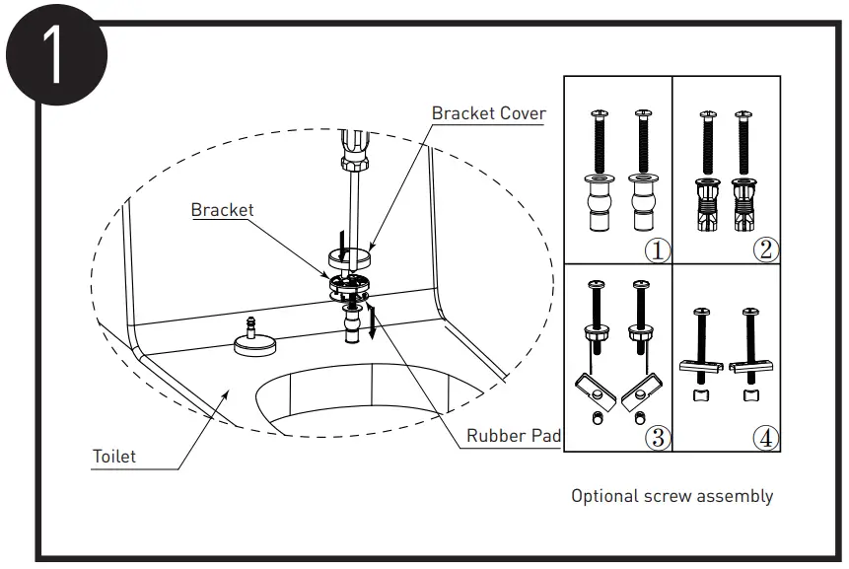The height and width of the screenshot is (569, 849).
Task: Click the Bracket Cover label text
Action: point(488,113)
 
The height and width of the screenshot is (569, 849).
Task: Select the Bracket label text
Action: point(222,210)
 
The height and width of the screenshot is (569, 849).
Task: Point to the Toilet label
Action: point(114,457)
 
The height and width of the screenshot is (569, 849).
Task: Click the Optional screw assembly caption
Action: point(672,496)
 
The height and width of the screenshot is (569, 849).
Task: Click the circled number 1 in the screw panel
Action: point(658,249)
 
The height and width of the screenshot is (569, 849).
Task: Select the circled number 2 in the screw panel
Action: point(765,249)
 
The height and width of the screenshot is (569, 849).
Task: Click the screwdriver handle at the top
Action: point(353,148)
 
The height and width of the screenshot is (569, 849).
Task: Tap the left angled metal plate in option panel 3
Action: point(594,391)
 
